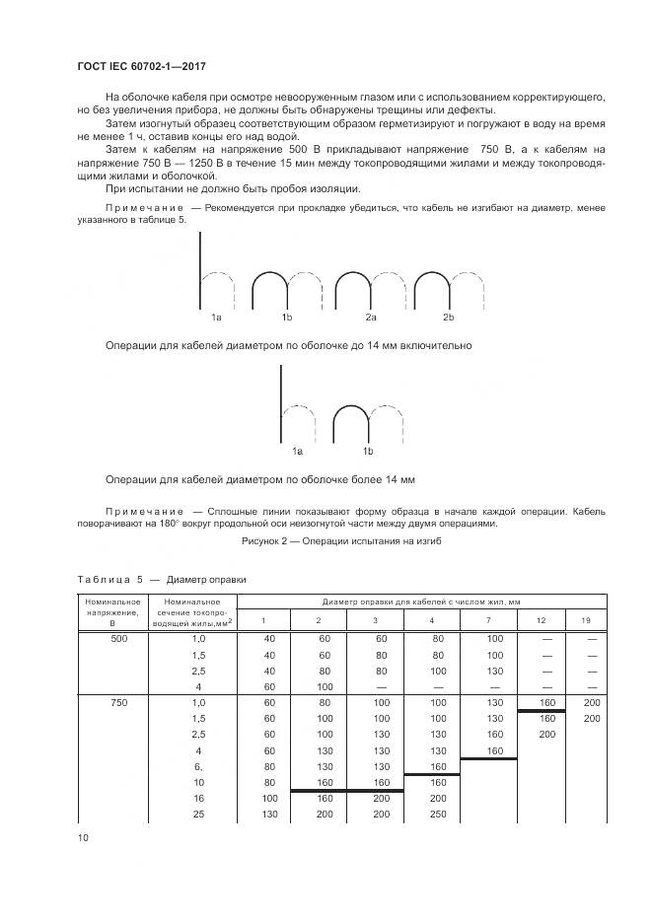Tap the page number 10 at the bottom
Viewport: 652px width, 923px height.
click(83, 837)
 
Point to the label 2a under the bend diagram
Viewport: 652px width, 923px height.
click(371, 318)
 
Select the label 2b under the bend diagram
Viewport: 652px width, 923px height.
click(448, 318)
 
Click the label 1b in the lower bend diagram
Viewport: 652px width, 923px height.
click(368, 451)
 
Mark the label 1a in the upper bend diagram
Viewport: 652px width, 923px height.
click(216, 318)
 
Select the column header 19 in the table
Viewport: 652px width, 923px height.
click(586, 619)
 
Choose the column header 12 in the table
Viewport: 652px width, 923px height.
click(541, 619)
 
